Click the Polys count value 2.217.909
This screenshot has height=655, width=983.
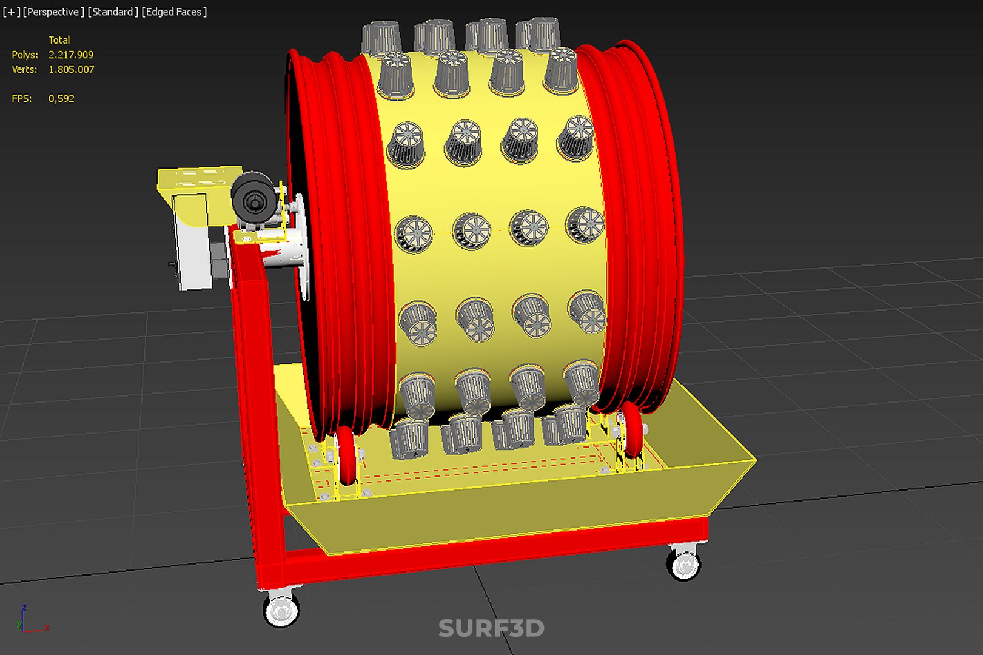point(71,55)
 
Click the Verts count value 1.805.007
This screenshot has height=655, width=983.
point(71,69)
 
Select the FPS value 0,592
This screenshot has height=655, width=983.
point(61,98)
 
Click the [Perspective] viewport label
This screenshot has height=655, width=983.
point(53,12)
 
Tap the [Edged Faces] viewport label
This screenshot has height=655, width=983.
point(174,12)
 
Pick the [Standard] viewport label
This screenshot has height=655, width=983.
point(113,12)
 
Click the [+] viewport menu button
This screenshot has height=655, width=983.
point(11,12)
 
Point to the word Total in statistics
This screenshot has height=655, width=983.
point(59,40)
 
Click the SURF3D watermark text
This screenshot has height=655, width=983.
point(491,628)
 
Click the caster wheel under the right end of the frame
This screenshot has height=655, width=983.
point(684,563)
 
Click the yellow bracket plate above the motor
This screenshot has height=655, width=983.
point(197,180)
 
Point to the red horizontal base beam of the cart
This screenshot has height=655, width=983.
point(485,552)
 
